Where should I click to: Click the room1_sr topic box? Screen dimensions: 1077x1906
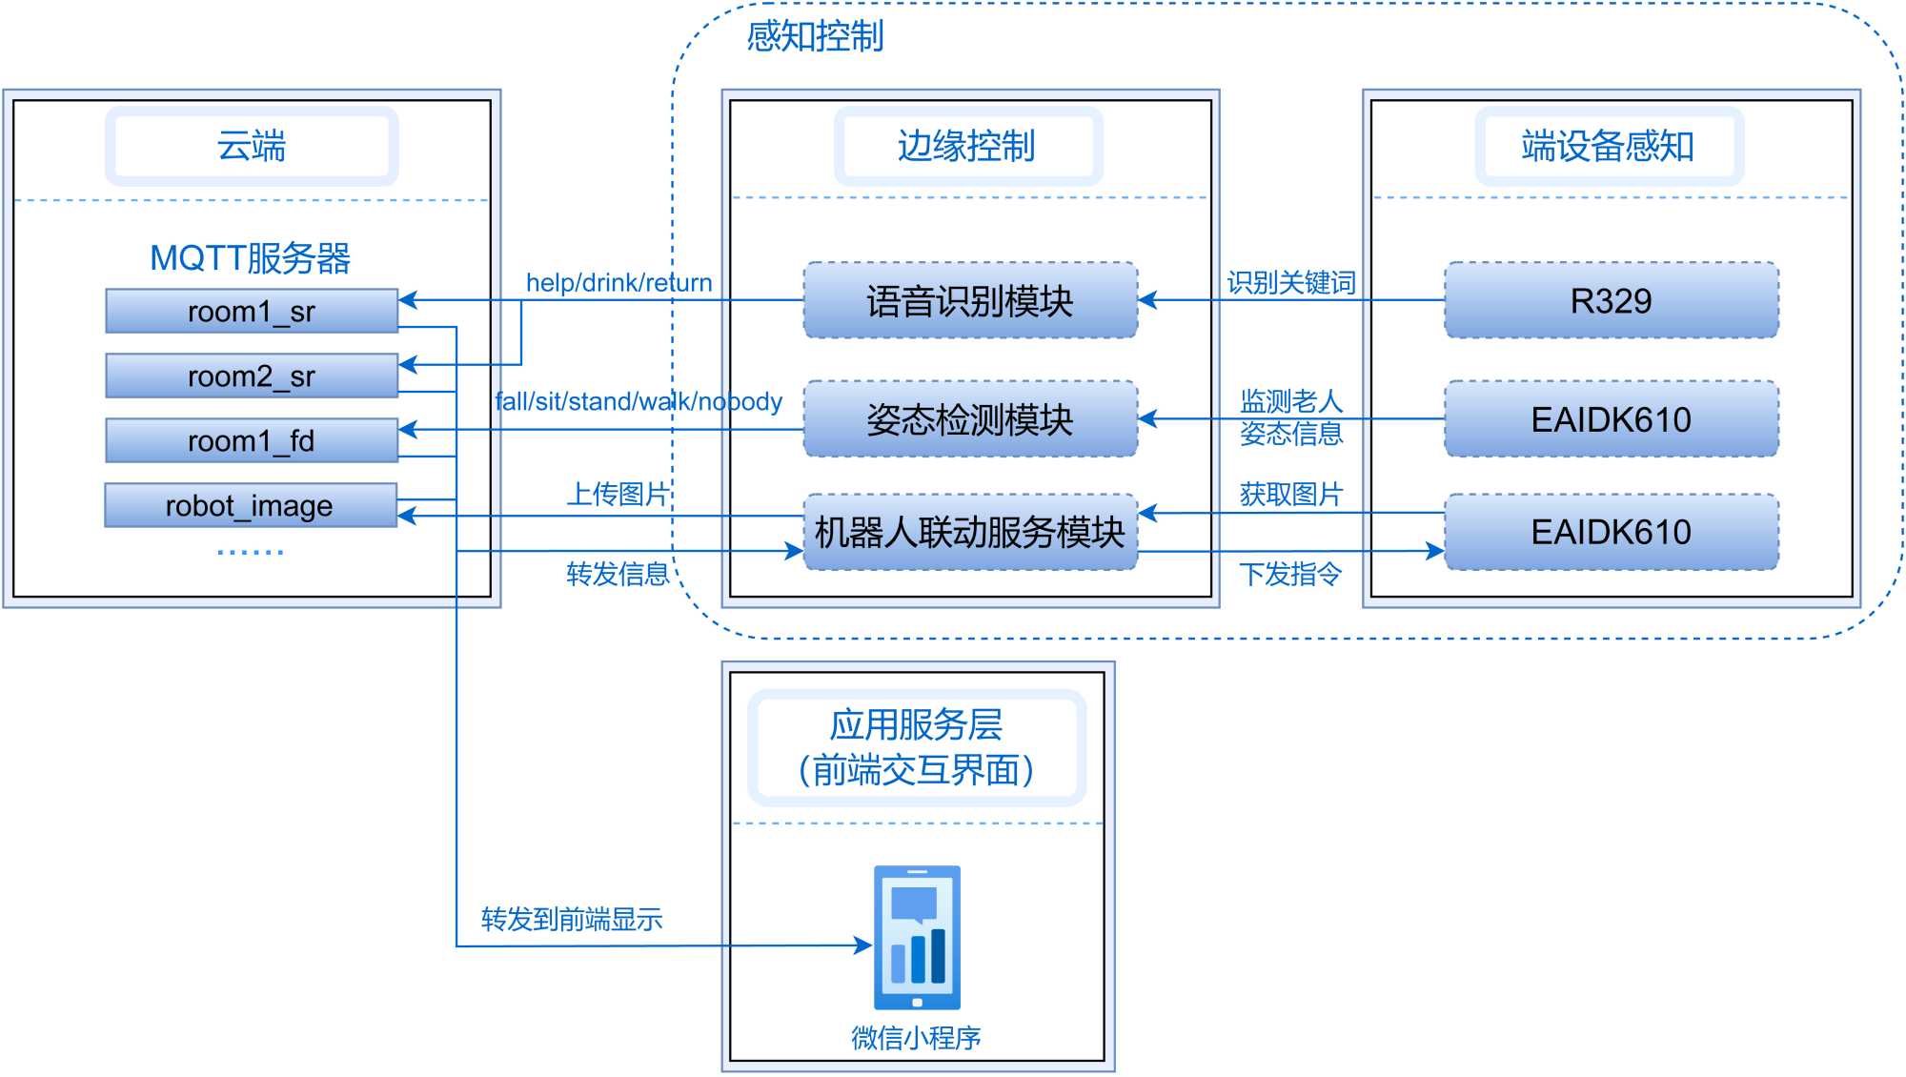coord(252,311)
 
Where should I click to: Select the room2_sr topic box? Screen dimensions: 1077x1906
coord(252,376)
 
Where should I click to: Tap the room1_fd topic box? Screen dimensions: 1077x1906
coord(252,440)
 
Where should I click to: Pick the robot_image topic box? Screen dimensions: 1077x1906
coord(250,505)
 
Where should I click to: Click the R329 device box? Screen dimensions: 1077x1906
coord(1611,300)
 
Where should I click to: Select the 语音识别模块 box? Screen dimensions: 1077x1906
coord(970,300)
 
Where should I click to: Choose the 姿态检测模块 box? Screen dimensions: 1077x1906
coord(970,419)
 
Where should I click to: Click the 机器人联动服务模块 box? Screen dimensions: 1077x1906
coord(970,532)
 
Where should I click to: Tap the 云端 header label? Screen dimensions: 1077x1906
coord(252,146)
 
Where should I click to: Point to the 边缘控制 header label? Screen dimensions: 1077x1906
coord(966,146)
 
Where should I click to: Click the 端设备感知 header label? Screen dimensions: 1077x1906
coord(1608,146)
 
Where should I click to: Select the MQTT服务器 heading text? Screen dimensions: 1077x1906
coord(251,257)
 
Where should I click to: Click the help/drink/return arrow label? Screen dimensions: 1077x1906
coord(618,282)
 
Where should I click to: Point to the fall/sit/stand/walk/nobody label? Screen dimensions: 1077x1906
coord(639,401)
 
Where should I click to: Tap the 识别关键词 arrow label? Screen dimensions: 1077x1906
coord(1291,282)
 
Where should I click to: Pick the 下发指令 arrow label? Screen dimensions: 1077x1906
coord(1290,574)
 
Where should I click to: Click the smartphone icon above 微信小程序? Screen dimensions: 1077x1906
coord(917,937)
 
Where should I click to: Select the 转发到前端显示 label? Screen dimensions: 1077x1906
coord(572,919)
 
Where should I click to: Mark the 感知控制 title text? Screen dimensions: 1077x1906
coord(815,36)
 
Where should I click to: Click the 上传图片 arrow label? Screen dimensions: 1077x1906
coord(618,494)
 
